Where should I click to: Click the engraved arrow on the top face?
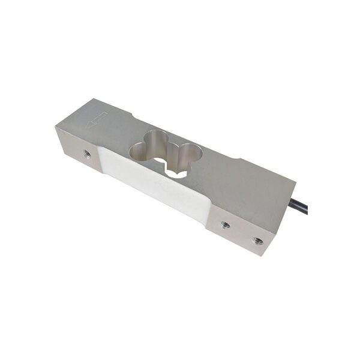coord(96,119)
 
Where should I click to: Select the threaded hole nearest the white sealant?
coord(225,225)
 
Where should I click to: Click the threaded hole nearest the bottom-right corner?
coord(257,241)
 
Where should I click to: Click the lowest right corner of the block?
coord(265,256)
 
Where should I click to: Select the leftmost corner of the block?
coord(55,127)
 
